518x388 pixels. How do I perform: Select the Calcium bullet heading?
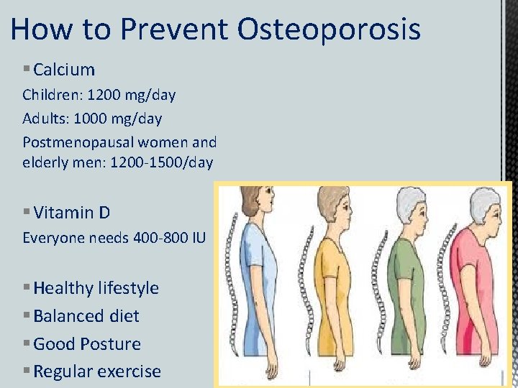pos(64,70)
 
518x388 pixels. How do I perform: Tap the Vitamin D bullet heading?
pos(71,213)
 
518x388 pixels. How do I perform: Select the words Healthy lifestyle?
pos(96,288)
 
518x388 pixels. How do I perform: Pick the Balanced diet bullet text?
pos(86,316)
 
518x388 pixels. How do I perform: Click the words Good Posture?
pos(87,344)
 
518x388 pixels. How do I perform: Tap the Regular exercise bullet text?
pos(97,371)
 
